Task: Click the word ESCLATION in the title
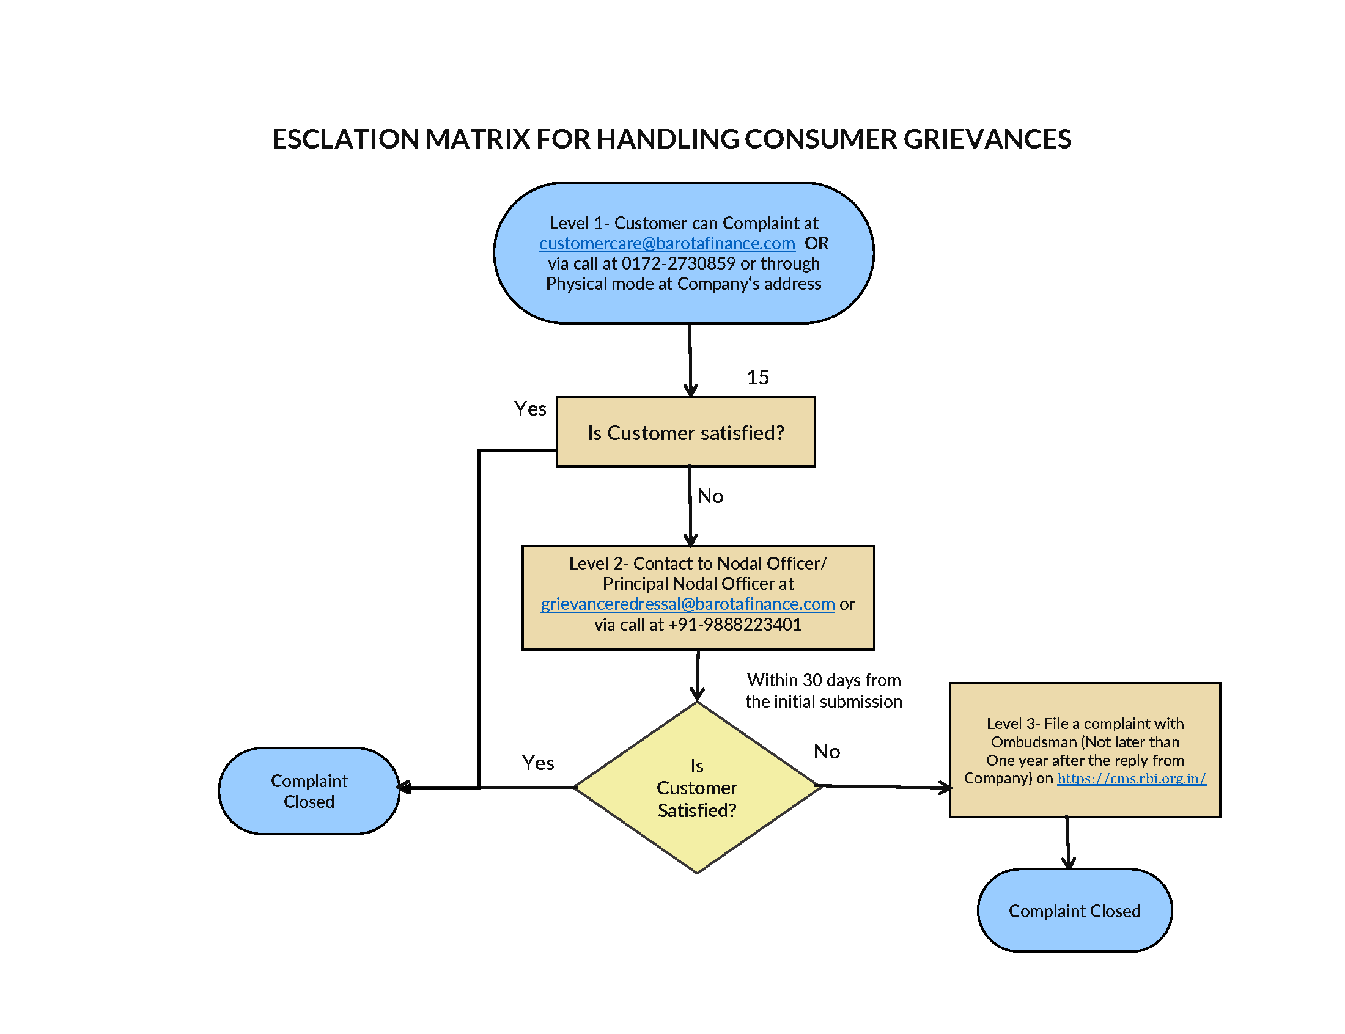click(346, 139)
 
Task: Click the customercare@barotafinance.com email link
click(666, 243)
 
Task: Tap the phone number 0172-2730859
click(678, 263)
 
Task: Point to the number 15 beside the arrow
click(757, 377)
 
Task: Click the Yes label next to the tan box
click(529, 409)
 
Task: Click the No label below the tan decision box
click(710, 496)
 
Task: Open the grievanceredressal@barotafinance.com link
click(687, 604)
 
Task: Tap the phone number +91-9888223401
click(734, 625)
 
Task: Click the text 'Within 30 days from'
click(823, 680)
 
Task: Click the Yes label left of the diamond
click(537, 763)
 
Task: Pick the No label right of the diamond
click(826, 752)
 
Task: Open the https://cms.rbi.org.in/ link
click(1131, 779)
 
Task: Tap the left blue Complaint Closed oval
click(309, 791)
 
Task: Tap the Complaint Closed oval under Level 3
click(1074, 911)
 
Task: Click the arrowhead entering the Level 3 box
click(946, 788)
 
